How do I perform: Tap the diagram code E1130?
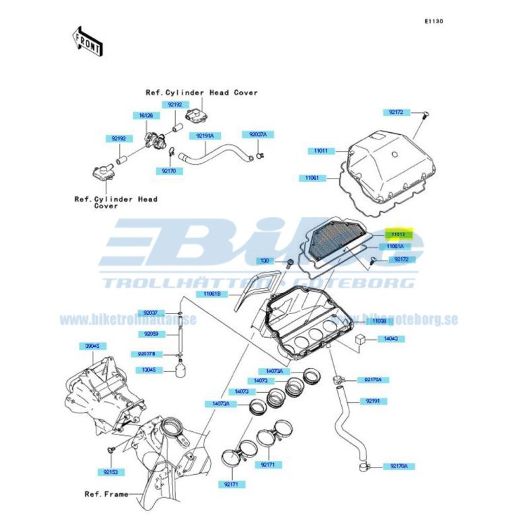point(434,21)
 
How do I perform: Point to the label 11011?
point(321,151)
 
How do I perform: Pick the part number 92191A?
point(205,135)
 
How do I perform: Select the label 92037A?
point(258,134)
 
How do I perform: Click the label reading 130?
point(264,261)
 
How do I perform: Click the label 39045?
point(92,346)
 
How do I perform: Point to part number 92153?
point(110,472)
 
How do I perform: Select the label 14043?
point(391,339)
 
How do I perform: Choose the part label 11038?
point(378,321)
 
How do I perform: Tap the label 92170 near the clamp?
point(168,171)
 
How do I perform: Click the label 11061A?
point(395,247)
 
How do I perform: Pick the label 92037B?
point(143,353)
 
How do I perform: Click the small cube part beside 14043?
point(361,338)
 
